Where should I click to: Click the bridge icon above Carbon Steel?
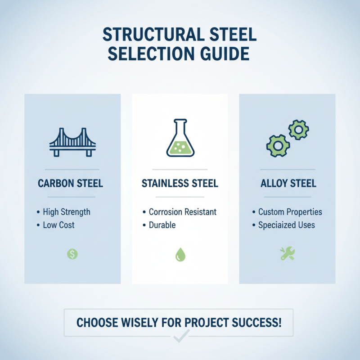pyautogui.click(x=72, y=142)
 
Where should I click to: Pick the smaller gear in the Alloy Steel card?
pyautogui.click(x=298, y=130)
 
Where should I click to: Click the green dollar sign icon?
pyautogui.click(x=72, y=254)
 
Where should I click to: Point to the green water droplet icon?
pyautogui.click(x=180, y=255)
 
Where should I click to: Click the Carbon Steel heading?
pyautogui.click(x=71, y=184)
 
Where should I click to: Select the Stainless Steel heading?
pyautogui.click(x=180, y=184)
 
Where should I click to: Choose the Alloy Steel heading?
pyautogui.click(x=288, y=184)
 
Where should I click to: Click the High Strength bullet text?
pyautogui.click(x=66, y=212)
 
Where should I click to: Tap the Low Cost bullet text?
pyautogui.click(x=58, y=225)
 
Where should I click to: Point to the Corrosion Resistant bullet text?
pyautogui.click(x=183, y=212)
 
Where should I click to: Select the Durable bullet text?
pyautogui.click(x=162, y=225)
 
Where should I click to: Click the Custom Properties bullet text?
pyautogui.click(x=290, y=212)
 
